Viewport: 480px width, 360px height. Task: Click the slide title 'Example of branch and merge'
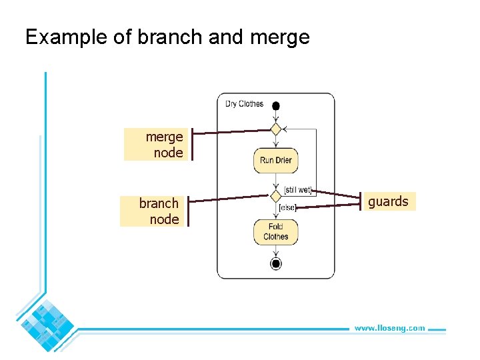[167, 37]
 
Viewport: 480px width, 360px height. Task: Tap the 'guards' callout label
[389, 201]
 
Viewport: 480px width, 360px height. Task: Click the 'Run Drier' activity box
[275, 160]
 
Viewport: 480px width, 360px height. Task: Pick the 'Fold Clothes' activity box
[275, 232]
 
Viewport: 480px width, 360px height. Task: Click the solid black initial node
[275, 105]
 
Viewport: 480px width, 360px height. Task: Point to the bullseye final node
[275, 263]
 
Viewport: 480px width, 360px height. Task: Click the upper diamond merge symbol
[275, 129]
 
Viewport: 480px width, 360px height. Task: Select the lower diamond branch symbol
[275, 195]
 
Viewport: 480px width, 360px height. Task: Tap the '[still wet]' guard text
[297, 190]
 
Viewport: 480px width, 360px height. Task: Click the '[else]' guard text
[287, 208]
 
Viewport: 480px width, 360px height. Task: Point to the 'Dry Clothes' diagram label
[244, 104]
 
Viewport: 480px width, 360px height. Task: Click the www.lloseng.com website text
[389, 328]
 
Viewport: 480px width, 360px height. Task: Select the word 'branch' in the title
[170, 37]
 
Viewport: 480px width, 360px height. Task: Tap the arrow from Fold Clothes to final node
[275, 251]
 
